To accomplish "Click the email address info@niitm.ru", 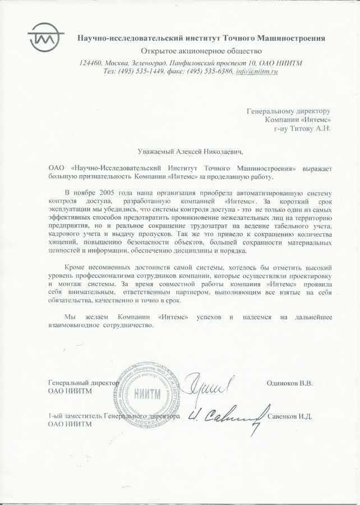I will (x=257, y=72).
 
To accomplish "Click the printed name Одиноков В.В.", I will (x=289, y=383).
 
